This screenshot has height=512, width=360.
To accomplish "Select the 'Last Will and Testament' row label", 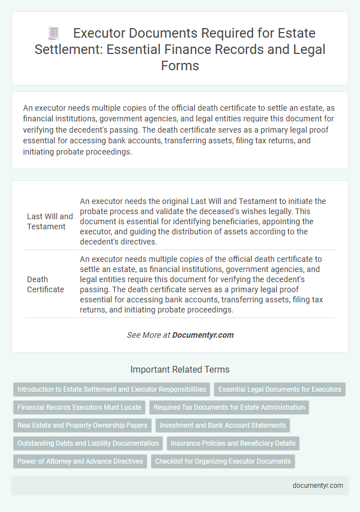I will pyautogui.click(x=50, y=221).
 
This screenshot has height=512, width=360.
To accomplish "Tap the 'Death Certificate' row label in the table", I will pyautogui.click(x=46, y=284).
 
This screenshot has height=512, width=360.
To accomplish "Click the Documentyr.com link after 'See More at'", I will pyautogui.click(x=202, y=335).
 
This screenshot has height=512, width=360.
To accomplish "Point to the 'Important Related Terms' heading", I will pyautogui.click(x=180, y=369).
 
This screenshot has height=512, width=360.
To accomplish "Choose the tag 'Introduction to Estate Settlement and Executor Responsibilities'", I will pyautogui.click(x=111, y=389).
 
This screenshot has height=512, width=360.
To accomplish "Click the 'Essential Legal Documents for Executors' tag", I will pyautogui.click(x=280, y=389).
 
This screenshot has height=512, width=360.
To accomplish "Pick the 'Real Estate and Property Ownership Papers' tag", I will pyautogui.click(x=82, y=425).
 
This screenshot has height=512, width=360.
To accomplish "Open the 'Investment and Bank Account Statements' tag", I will pyautogui.click(x=223, y=425).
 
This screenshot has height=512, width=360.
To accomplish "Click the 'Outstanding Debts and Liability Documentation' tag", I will pyautogui.click(x=88, y=443).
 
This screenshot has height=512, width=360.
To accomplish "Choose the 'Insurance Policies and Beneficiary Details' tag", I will pyautogui.click(x=233, y=443).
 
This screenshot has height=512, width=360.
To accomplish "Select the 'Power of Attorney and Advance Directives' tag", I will pyautogui.click(x=79, y=461).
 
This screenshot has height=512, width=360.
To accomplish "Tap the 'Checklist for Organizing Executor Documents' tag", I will pyautogui.click(x=223, y=461).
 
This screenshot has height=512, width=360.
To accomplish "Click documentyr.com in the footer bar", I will pyautogui.click(x=318, y=486).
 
